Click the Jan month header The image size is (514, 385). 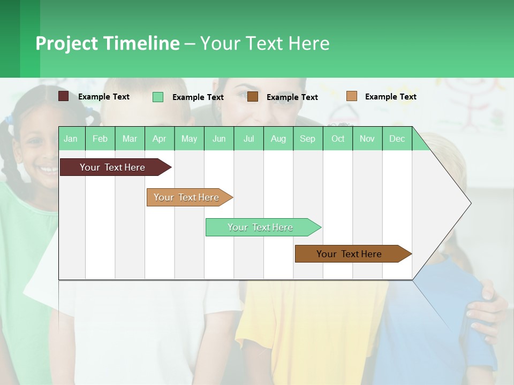71,138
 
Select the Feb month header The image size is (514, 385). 100,138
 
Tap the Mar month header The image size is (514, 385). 130,138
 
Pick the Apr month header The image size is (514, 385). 159,138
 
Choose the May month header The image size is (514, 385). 189,138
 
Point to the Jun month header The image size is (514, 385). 219,138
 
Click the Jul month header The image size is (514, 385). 248,138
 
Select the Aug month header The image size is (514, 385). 278,138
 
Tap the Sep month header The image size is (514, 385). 308,138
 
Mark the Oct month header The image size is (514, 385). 338,138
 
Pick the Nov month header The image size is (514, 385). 367,138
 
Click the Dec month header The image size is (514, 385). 397,138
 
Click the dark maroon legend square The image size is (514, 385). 64,96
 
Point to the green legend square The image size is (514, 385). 158,97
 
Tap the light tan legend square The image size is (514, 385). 351,96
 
